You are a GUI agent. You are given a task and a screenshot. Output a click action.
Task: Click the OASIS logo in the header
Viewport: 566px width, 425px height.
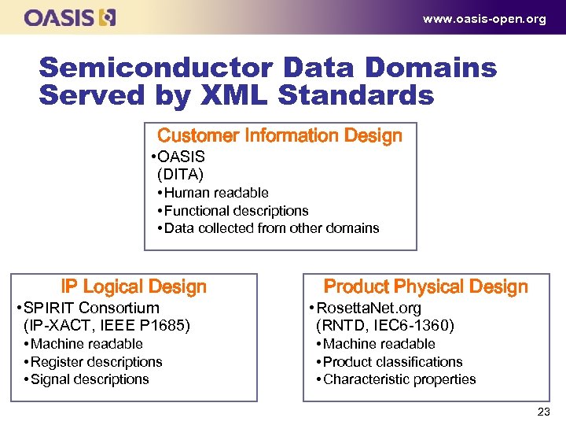pyautogui.click(x=70, y=17)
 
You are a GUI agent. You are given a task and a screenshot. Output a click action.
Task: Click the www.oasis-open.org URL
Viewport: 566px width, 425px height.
pyautogui.click(x=484, y=19)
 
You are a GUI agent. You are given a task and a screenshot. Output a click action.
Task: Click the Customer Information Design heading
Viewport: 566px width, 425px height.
pyautogui.click(x=280, y=135)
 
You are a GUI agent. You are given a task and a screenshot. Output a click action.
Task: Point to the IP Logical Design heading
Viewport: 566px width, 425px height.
pyautogui.click(x=134, y=286)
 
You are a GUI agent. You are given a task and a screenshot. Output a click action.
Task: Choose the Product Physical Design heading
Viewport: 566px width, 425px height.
pyautogui.click(x=426, y=286)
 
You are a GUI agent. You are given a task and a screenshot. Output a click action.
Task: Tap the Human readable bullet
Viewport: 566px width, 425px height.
pyautogui.click(x=216, y=193)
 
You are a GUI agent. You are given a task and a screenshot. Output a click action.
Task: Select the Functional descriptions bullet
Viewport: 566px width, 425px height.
pyautogui.click(x=236, y=211)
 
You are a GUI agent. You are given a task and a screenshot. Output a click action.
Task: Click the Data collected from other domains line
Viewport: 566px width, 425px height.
pyautogui.click(x=271, y=228)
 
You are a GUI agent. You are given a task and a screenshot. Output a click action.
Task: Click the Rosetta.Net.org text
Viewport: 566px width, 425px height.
pyautogui.click(x=368, y=308)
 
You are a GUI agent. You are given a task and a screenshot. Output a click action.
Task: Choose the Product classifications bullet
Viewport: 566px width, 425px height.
pyautogui.click(x=392, y=362)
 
